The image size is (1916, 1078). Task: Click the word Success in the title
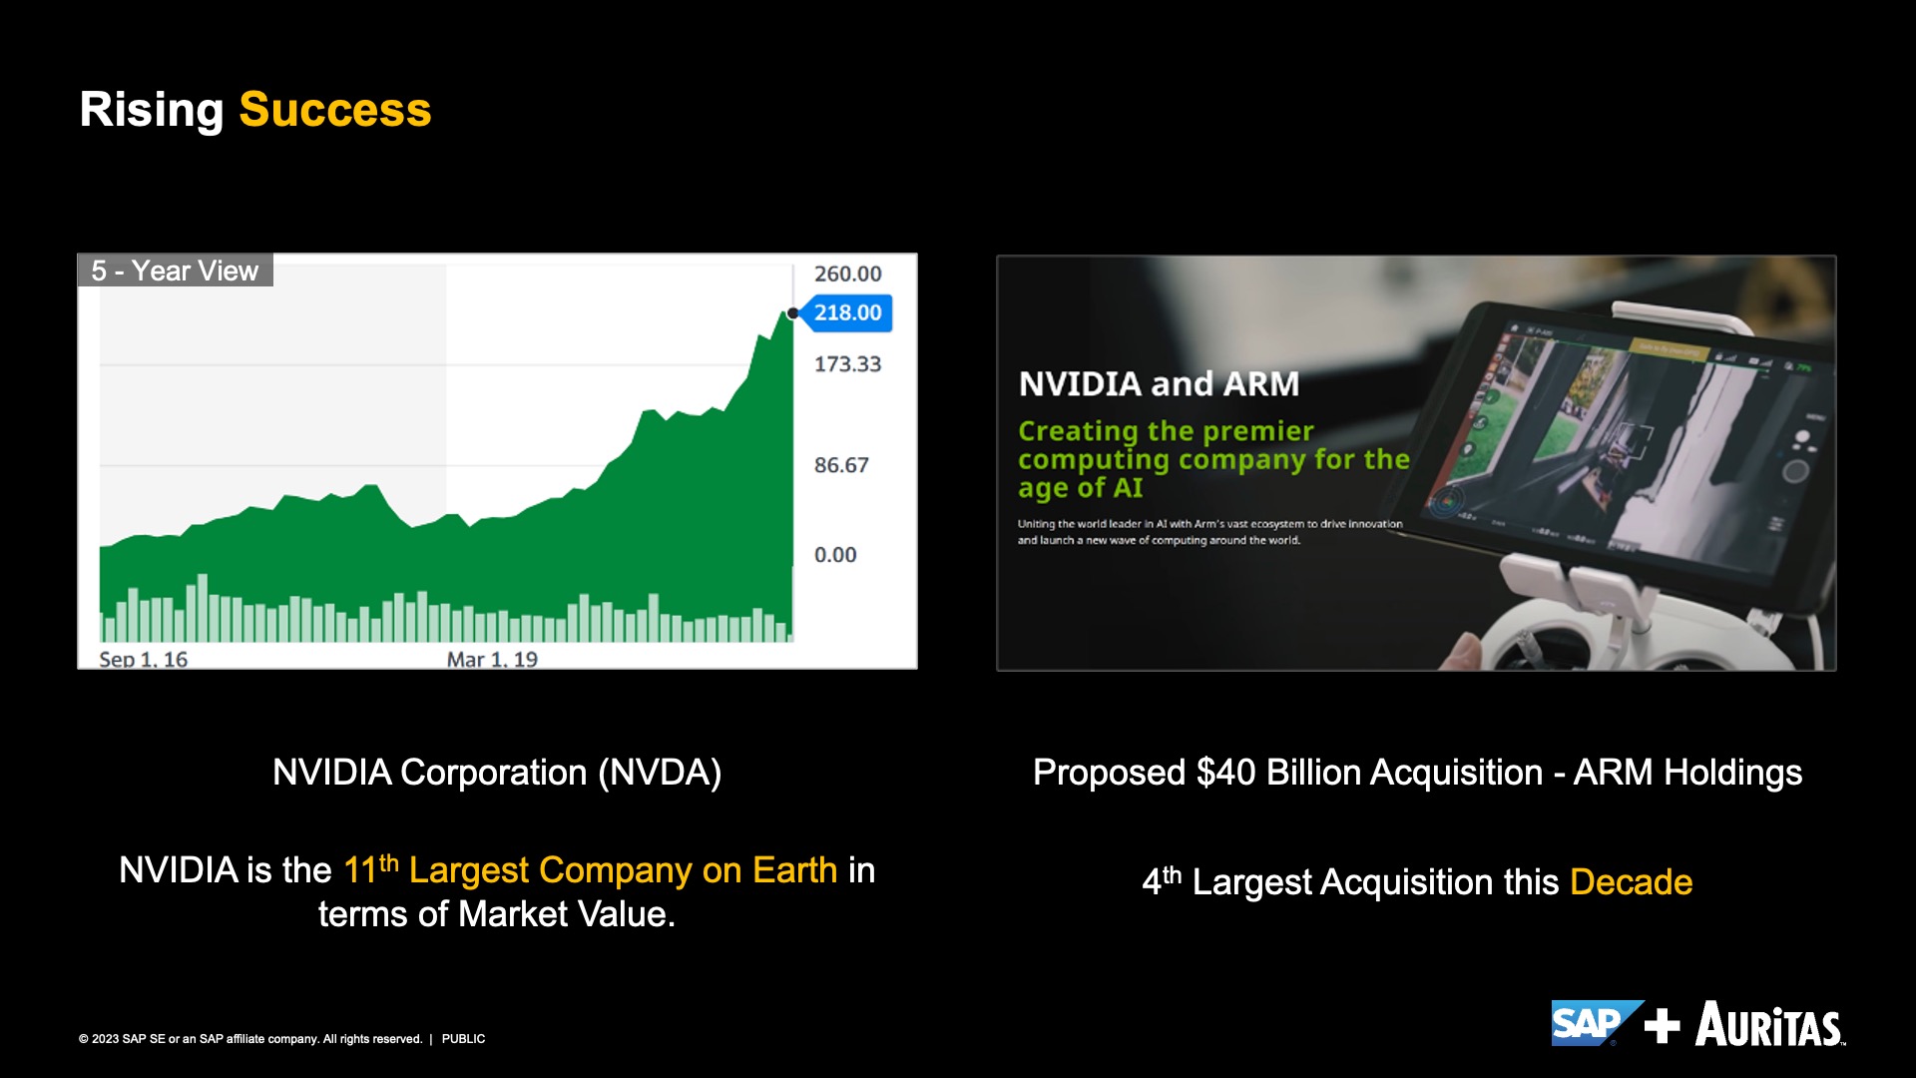(335, 109)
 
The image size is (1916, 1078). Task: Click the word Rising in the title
(152, 111)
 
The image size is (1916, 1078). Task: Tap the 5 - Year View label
(175, 270)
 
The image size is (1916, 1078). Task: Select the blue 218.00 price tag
(846, 312)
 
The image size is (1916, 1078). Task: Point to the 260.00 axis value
(847, 273)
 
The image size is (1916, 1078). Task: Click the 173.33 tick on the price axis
(847, 364)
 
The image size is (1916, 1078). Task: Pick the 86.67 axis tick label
(841, 465)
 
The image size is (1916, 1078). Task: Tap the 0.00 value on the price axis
(835, 555)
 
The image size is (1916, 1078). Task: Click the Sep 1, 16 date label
(143, 659)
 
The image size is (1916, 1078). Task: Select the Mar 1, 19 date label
(492, 659)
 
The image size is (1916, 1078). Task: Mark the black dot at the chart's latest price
(793, 313)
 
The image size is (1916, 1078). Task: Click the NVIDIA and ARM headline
(1159, 383)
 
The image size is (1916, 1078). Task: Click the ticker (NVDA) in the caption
(660, 773)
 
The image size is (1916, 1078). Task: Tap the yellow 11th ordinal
(371, 868)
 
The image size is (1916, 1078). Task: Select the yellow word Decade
(1632, 882)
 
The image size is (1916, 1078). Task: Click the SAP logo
(1597, 1023)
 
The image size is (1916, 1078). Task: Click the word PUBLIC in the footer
(463, 1039)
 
